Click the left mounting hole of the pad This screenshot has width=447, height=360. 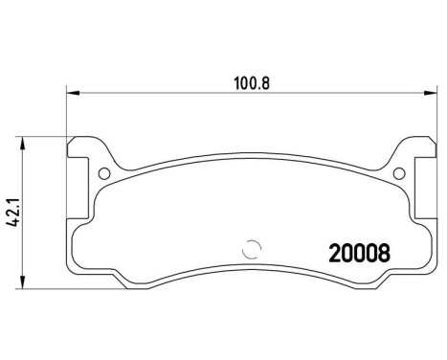pyautogui.click(x=103, y=173)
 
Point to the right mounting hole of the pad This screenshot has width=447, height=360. pyautogui.click(x=396, y=173)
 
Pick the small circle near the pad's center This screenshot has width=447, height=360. pyautogui.click(x=253, y=246)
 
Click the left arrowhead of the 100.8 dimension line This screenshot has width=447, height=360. pyautogui.click(x=71, y=93)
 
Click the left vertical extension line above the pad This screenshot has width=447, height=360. pyautogui.click(x=66, y=115)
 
